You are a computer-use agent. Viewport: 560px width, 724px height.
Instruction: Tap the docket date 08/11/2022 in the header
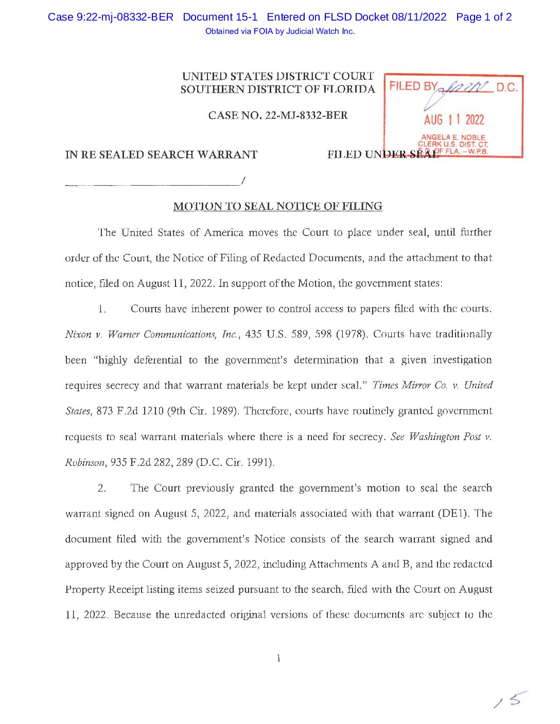click(418, 17)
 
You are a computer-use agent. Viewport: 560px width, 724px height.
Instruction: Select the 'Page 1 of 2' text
click(484, 17)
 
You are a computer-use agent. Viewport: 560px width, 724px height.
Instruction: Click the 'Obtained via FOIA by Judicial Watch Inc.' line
click(280, 31)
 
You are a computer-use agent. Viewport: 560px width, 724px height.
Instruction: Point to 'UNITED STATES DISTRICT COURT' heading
click(278, 76)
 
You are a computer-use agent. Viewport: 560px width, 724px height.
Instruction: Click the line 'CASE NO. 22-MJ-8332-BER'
click(278, 115)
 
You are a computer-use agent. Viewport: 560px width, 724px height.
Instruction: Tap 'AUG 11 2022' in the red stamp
click(453, 120)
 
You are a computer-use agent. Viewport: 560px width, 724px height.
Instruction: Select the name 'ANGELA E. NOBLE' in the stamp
click(453, 137)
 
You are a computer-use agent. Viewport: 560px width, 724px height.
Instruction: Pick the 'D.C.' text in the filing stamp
click(506, 87)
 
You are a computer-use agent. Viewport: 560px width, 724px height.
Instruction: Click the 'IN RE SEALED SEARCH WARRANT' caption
click(161, 155)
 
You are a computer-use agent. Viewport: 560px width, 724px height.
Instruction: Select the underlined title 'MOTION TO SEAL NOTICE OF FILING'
click(278, 207)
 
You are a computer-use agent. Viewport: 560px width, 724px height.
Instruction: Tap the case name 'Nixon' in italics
click(78, 335)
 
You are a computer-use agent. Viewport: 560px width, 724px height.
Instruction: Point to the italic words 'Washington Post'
click(445, 437)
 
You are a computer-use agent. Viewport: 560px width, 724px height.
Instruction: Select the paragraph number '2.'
click(102, 488)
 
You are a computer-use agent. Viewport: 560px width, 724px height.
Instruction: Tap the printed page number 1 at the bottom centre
click(278, 658)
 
